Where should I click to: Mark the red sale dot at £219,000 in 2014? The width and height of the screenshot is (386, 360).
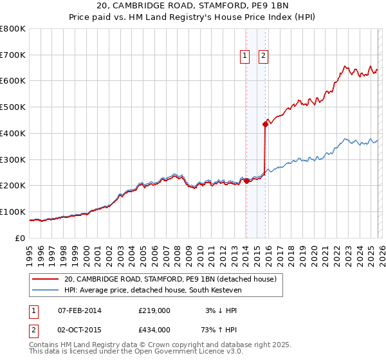tap(246, 181)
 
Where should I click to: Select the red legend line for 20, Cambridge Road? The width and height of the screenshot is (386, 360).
tap(46, 279)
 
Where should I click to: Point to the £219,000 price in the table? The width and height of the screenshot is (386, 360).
tap(154, 310)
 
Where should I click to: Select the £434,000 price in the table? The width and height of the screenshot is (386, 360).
tap(154, 329)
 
